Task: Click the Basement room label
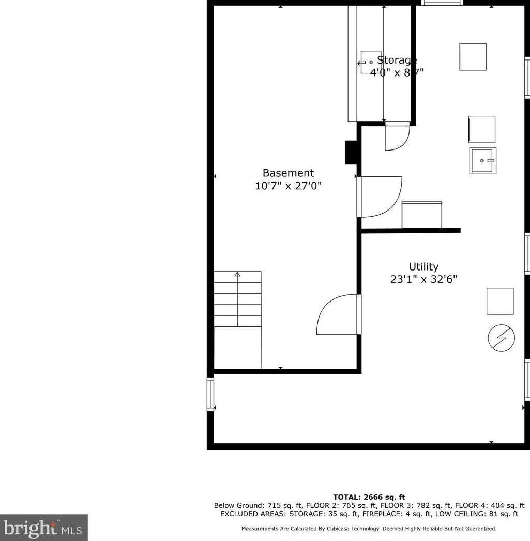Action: [x=288, y=173]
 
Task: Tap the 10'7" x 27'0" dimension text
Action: [x=288, y=186]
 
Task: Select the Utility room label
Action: [x=423, y=267]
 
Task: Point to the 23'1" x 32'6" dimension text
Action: [x=423, y=280]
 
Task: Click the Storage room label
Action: [x=397, y=60]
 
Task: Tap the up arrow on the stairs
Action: [x=237, y=275]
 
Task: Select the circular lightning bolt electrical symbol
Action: [x=501, y=339]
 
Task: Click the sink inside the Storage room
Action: [x=370, y=62]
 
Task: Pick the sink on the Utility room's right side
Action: [x=483, y=161]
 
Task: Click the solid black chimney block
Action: [x=352, y=153]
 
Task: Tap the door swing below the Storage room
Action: [x=397, y=137]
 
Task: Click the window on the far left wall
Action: [x=210, y=394]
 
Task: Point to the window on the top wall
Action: [x=442, y=3]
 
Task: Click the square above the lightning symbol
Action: [x=500, y=301]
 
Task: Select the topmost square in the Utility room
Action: [x=473, y=57]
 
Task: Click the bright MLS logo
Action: [x=43, y=528]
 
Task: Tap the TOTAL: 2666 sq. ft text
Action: [x=369, y=497]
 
